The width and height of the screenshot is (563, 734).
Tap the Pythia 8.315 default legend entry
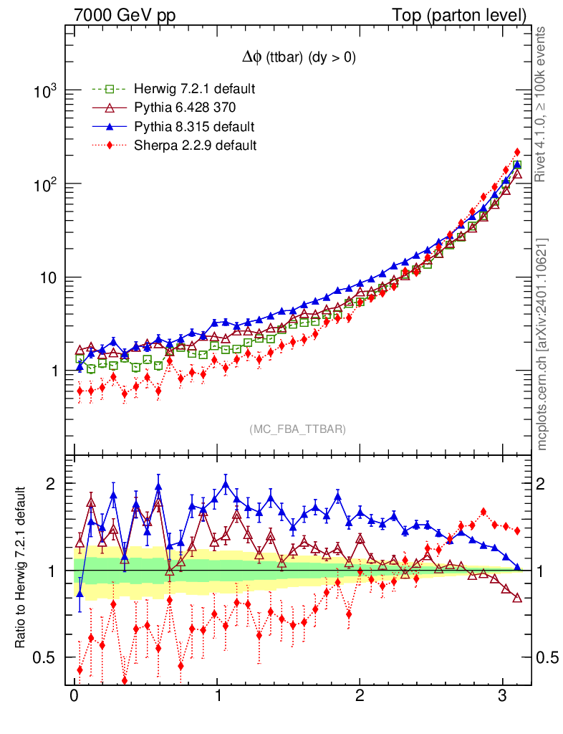[194, 127]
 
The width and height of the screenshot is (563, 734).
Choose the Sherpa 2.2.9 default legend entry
[196, 146]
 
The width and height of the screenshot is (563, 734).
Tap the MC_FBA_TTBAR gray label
[298, 429]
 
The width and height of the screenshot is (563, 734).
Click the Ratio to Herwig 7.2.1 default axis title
[22, 569]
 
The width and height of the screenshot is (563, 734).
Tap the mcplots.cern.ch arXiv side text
[543, 344]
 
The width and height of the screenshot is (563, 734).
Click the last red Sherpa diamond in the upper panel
[517, 152]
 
